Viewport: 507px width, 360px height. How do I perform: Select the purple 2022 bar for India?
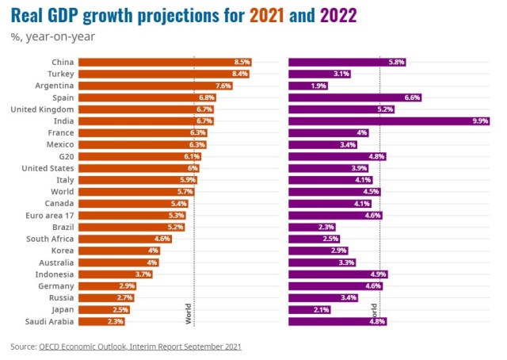pyautogui.click(x=389, y=121)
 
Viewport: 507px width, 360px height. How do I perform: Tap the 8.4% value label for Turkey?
pyautogui.click(x=241, y=74)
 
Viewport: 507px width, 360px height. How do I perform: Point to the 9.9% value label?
pyautogui.click(x=479, y=121)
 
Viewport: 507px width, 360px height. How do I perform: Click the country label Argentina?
pyautogui.click(x=55, y=86)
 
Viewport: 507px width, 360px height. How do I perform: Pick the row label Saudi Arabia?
pyautogui.click(x=49, y=321)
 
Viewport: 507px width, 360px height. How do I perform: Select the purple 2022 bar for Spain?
pyautogui.click(x=354, y=98)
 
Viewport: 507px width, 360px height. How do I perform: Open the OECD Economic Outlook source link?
pyautogui.click(x=139, y=347)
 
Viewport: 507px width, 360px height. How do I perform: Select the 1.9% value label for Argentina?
pyautogui.click(x=318, y=86)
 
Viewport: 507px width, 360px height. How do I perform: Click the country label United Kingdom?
pyautogui.click(x=42, y=109)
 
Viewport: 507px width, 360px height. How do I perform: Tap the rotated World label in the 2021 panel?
pyautogui.click(x=189, y=313)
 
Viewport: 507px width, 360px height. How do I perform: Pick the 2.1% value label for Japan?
pyautogui.click(x=321, y=309)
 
